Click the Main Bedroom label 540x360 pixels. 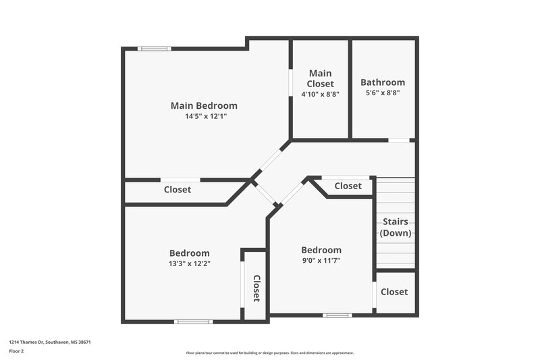pos(203,105)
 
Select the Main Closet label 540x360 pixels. pos(321,78)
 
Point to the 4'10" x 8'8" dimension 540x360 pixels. pos(320,94)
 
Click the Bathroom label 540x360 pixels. pos(383,82)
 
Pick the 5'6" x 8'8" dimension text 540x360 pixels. pos(383,93)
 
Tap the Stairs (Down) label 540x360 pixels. pos(396,227)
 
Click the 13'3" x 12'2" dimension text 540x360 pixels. pos(189,264)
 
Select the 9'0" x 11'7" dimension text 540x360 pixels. pos(321,260)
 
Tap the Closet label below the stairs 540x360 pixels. pos(394,292)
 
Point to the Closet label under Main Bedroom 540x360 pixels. pos(178,190)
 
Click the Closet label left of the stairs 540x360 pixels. pos(348,186)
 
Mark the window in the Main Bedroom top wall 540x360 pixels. pos(154,48)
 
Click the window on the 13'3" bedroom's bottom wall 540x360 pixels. pos(194,322)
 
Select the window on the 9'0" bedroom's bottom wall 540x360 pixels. pos(337,315)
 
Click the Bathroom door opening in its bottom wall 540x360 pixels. pos(400,140)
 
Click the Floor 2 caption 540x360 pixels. pos(16,351)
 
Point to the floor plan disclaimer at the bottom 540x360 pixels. pos(270,353)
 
